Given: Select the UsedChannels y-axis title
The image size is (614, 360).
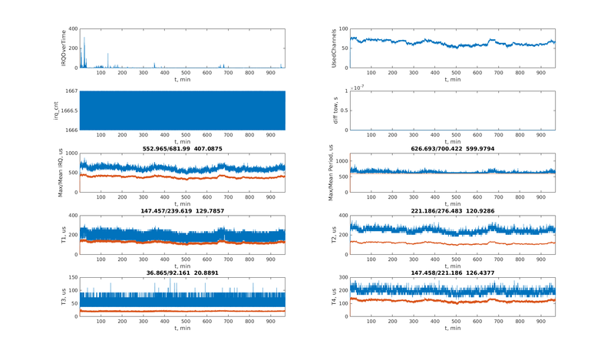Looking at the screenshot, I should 334,48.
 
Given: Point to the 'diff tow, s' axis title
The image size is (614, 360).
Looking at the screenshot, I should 334,111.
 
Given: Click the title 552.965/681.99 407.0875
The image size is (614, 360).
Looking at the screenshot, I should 181,148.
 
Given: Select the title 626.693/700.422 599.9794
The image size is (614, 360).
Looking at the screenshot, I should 452,148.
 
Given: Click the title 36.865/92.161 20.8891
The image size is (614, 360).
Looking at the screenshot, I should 181,272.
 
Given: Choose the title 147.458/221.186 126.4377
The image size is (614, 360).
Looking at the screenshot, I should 452,272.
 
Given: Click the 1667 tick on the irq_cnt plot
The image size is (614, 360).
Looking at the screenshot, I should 70,91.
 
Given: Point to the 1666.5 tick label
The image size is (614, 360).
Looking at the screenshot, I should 68,111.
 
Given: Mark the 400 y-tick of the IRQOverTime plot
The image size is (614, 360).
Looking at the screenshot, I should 72,29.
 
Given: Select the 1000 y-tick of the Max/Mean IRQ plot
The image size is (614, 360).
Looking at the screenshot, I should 71,154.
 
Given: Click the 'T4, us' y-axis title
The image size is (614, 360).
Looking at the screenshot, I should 334,297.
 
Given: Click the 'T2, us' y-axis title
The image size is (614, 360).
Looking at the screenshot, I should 334,235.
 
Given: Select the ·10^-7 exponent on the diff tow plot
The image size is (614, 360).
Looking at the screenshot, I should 358,88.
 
